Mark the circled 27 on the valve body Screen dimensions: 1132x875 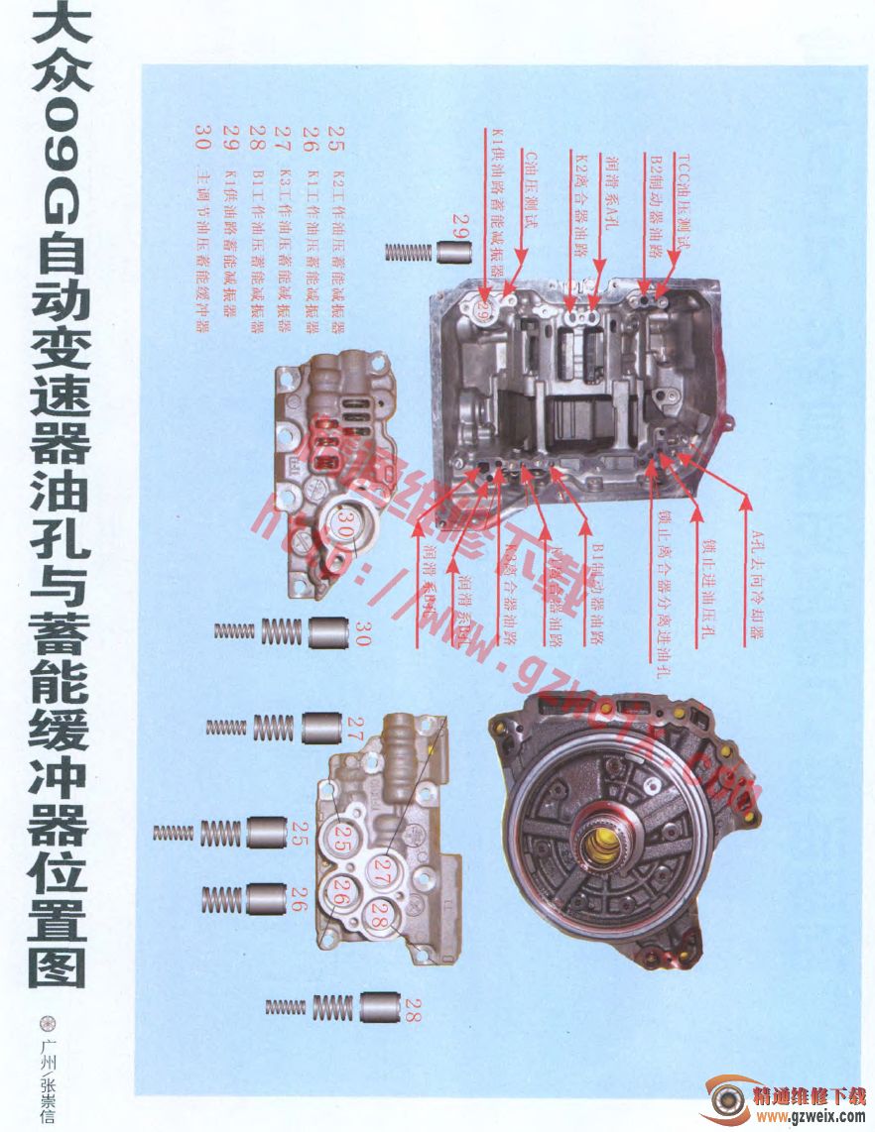tap(382, 870)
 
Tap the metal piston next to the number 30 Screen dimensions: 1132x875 tap(327, 631)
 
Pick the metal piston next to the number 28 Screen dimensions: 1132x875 tap(379, 1008)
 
